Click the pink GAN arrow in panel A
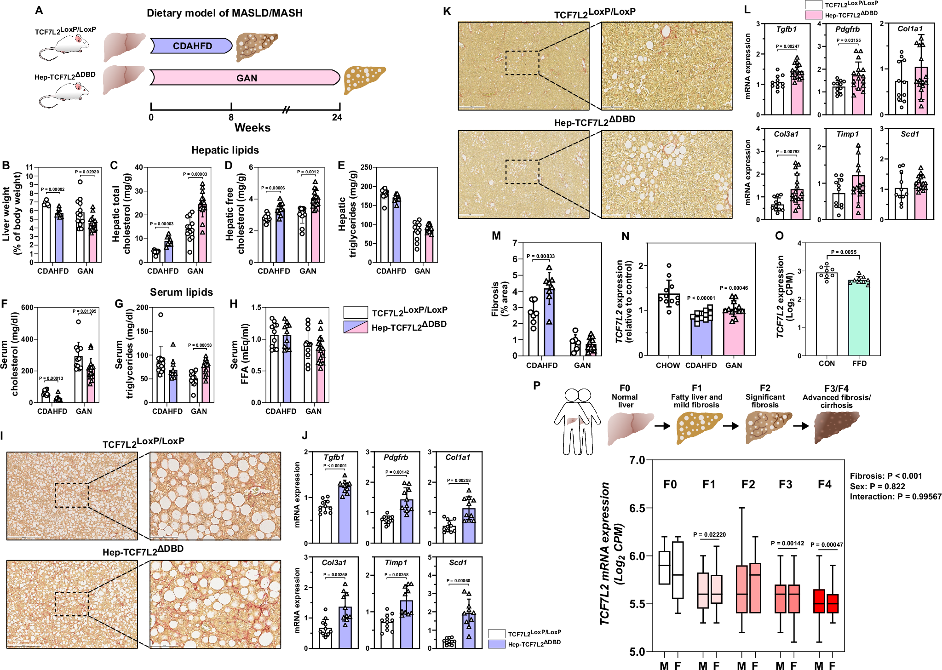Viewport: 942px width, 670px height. (246, 78)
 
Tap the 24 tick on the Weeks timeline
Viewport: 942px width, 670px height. (338, 117)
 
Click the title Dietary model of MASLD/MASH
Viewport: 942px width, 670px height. (224, 13)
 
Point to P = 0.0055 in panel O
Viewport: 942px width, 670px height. (844, 252)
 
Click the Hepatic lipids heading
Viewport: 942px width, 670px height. (225, 150)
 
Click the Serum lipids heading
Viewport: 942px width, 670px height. (181, 292)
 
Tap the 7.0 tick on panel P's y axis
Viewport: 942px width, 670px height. (637, 460)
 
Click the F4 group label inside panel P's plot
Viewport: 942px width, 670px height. (824, 484)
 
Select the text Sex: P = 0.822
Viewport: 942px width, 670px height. (877, 487)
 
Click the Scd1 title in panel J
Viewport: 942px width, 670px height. (458, 562)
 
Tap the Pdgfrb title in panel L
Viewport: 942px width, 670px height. (847, 29)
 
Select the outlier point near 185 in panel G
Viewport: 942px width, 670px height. (161, 315)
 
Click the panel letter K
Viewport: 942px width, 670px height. (447, 11)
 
